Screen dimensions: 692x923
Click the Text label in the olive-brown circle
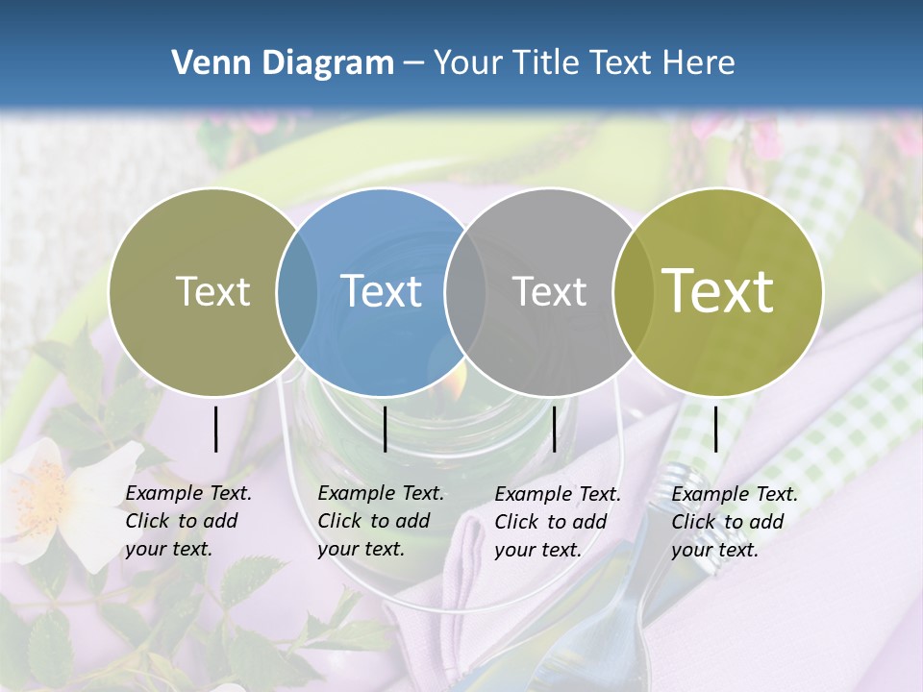[x=213, y=291]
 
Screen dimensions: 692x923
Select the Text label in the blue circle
[x=382, y=291]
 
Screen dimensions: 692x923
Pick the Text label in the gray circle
[x=550, y=291]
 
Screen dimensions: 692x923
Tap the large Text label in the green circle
[x=718, y=291]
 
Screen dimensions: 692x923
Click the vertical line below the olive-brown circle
[x=215, y=429]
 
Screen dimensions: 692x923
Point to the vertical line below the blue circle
[x=385, y=429]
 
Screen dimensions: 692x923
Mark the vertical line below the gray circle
[x=554, y=429]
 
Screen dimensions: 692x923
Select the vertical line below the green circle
[x=715, y=429]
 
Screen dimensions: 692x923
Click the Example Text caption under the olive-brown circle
[x=187, y=521]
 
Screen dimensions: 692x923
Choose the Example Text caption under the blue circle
[x=380, y=521]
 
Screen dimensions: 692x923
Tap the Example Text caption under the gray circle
[x=557, y=522]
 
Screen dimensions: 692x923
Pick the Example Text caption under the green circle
[x=734, y=522]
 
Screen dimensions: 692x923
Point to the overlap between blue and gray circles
[x=464, y=292]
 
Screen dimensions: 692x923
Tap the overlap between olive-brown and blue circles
[x=296, y=292]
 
